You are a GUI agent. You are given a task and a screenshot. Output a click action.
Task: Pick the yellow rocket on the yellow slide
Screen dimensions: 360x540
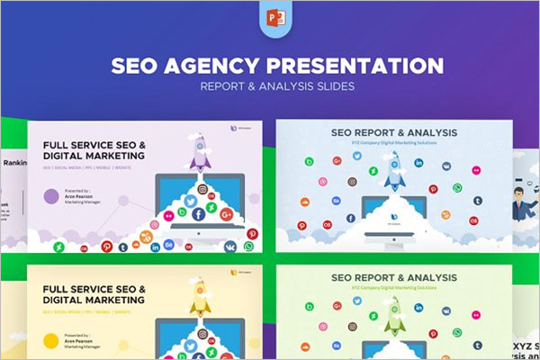click(x=200, y=298)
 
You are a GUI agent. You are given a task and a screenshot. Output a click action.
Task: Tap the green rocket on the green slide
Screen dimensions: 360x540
click(x=394, y=310)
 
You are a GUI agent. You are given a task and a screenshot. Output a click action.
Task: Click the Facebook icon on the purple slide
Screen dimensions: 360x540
click(x=198, y=214)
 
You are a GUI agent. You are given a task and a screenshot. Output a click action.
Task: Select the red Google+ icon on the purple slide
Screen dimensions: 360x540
click(x=226, y=214)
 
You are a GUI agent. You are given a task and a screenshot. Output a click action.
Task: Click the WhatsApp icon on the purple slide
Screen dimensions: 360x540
click(x=248, y=246)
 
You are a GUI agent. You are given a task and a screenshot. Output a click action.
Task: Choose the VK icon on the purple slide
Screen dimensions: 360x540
click(x=230, y=247)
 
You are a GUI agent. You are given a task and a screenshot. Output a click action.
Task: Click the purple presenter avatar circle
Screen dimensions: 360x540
click(x=51, y=196)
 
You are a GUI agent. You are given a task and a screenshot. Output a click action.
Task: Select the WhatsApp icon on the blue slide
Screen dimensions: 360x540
click(x=457, y=187)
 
